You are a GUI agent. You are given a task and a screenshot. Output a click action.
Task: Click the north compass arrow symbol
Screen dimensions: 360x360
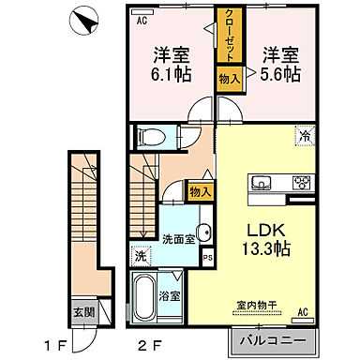[x=84, y=19]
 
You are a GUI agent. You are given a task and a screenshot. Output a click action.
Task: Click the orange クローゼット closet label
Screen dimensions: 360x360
[x=229, y=34]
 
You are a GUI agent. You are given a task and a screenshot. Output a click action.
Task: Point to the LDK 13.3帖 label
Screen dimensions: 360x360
[x=265, y=239]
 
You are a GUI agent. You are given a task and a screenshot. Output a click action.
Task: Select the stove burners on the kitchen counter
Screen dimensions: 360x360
[x=302, y=183]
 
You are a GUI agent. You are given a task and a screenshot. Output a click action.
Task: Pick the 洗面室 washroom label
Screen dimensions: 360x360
[x=177, y=239]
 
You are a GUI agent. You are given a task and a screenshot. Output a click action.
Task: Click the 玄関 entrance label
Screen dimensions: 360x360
[x=83, y=312]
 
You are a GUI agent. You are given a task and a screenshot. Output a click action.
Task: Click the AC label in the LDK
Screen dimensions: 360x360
[x=304, y=312]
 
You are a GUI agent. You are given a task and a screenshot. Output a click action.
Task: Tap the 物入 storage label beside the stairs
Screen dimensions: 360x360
[x=199, y=191]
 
